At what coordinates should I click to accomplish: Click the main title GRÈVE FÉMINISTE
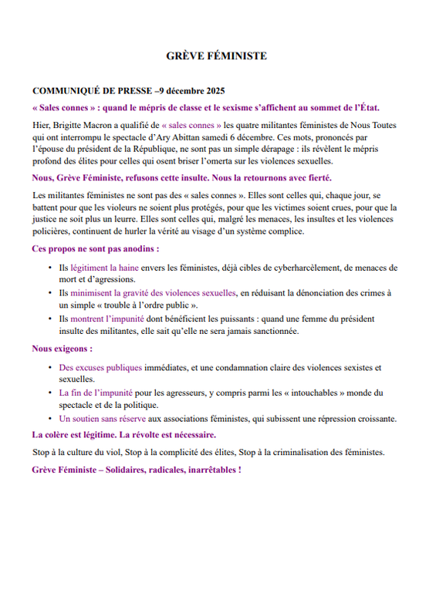tap(217, 56)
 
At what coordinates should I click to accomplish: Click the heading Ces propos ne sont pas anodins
tap(96, 249)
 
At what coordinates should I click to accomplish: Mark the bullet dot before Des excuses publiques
tap(51, 368)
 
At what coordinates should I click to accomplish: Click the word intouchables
tap(326, 393)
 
